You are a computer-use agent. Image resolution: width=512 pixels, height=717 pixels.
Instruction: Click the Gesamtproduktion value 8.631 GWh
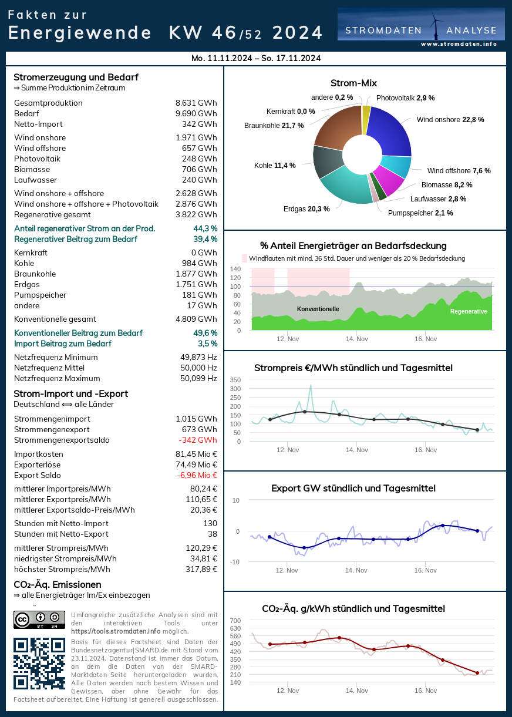click(x=196, y=103)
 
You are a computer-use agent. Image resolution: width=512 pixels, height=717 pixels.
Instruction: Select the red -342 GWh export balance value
click(x=198, y=440)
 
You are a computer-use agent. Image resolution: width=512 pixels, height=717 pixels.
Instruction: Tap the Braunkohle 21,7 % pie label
click(x=274, y=125)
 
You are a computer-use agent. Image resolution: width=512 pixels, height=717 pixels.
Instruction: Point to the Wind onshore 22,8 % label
click(x=450, y=119)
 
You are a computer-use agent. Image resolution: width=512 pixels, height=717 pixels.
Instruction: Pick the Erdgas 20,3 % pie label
click(x=306, y=208)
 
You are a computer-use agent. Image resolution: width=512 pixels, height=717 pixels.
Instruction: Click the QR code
click(x=39, y=663)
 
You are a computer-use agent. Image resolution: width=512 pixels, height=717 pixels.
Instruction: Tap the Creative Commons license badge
click(x=39, y=620)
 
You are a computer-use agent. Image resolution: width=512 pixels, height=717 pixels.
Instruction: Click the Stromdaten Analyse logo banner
click(x=421, y=28)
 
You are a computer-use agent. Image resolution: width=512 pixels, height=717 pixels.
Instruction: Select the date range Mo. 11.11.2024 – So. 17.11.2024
click(x=256, y=58)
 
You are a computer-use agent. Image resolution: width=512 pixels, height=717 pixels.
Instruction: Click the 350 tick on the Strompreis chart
click(x=235, y=380)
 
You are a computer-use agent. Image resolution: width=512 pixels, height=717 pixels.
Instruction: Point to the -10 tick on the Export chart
click(x=235, y=562)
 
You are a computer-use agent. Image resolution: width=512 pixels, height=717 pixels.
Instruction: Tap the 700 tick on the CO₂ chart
click(x=235, y=621)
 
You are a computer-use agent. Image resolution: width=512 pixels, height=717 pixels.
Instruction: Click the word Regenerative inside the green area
click(x=469, y=311)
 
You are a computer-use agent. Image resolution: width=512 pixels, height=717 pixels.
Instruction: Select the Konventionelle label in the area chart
click(x=318, y=309)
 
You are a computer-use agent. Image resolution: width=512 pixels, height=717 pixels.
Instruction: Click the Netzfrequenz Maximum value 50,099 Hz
click(x=198, y=378)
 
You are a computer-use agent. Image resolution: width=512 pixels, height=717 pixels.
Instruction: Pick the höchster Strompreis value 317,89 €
click(x=201, y=569)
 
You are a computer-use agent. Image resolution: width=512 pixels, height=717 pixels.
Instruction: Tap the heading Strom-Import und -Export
click(x=70, y=393)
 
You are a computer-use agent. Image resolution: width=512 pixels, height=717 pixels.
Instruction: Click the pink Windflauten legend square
click(x=245, y=258)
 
